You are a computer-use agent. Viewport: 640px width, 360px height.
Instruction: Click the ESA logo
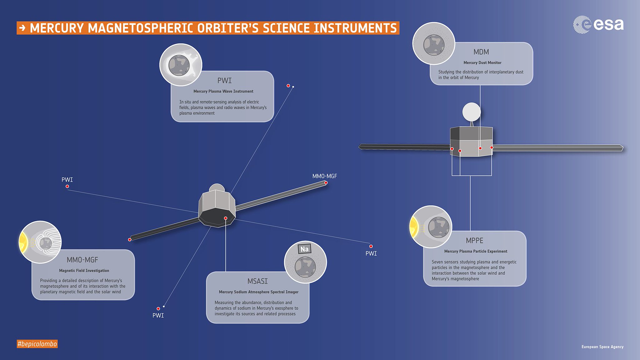click(x=598, y=24)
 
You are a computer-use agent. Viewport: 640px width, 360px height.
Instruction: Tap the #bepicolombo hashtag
click(x=37, y=344)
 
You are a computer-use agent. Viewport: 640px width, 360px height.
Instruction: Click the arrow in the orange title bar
click(x=22, y=28)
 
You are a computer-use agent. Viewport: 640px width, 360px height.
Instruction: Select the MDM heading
click(x=481, y=52)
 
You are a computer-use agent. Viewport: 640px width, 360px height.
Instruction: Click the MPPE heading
click(x=474, y=241)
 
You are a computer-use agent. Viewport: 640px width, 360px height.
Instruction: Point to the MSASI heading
click(x=257, y=281)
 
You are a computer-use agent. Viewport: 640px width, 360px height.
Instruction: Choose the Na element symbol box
click(x=304, y=249)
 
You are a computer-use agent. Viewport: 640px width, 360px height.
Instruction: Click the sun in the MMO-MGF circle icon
click(x=23, y=242)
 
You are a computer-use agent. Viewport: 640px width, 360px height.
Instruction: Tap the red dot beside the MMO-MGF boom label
click(x=326, y=183)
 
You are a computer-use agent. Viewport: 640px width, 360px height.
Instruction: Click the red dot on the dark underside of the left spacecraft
click(x=226, y=218)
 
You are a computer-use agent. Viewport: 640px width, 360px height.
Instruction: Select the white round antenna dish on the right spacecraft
click(x=471, y=112)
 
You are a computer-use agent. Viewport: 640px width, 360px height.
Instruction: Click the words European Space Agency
click(x=602, y=347)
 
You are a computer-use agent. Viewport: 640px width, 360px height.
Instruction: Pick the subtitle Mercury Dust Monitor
click(x=482, y=63)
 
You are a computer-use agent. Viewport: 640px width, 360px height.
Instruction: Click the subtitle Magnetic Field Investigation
click(x=84, y=271)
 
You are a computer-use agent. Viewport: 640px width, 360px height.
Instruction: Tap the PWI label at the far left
click(x=67, y=180)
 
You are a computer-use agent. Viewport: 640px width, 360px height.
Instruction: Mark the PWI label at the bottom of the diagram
click(x=158, y=316)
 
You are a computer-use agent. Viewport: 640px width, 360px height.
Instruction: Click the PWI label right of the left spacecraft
click(x=371, y=253)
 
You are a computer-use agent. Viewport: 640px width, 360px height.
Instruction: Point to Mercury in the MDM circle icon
click(x=434, y=45)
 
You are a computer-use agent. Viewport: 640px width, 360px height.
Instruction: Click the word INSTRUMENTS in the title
click(x=355, y=28)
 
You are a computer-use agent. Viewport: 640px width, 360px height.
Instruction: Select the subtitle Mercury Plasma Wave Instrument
click(x=223, y=92)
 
